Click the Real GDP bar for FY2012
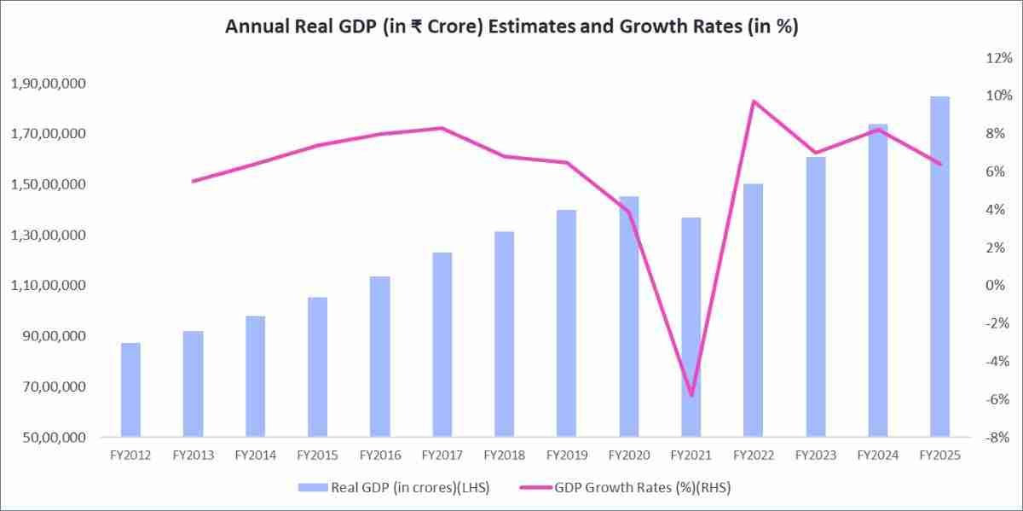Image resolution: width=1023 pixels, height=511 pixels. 130,390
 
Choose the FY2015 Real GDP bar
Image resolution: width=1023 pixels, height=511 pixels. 317,367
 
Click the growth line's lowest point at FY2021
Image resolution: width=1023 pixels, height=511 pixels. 691,396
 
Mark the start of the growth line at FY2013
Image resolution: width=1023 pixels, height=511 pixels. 193,181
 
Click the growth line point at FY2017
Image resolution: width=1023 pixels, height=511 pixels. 442,128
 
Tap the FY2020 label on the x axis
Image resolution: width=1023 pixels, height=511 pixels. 628,456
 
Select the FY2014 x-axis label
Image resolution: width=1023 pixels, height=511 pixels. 255,456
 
